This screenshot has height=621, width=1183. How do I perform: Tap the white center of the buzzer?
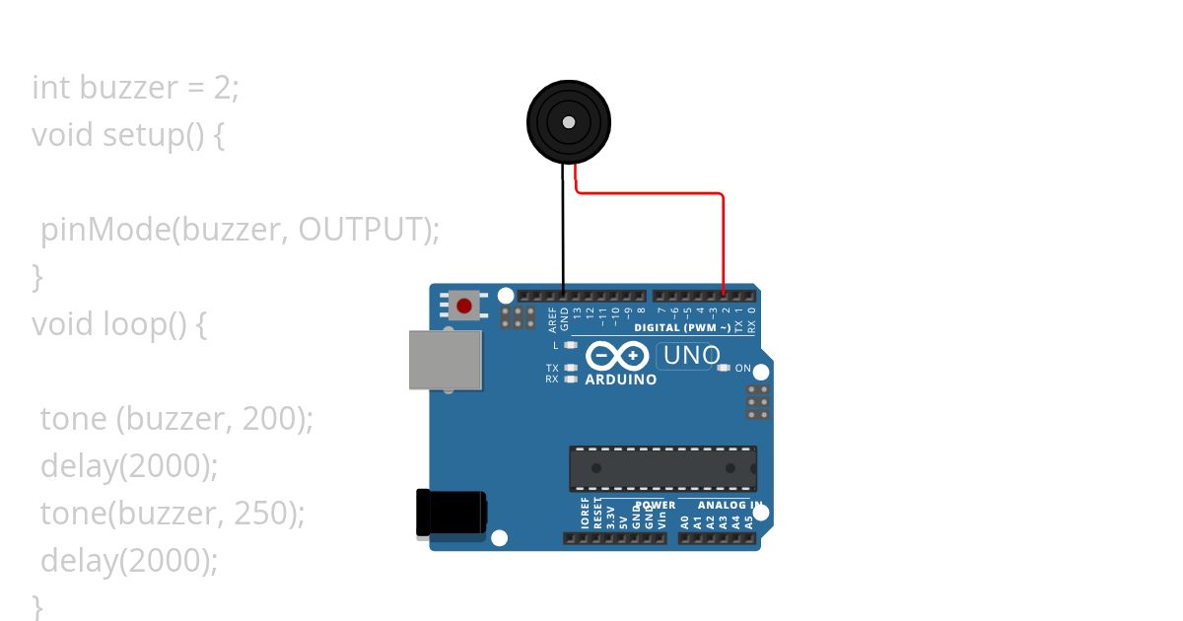[x=569, y=122]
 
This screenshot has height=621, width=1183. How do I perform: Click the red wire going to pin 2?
[x=724, y=237]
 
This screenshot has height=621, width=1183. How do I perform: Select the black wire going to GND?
[x=564, y=237]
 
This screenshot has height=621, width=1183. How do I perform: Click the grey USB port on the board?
[x=446, y=360]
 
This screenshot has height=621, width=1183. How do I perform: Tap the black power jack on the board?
[x=451, y=515]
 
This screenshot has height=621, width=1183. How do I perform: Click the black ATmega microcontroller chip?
[x=662, y=468]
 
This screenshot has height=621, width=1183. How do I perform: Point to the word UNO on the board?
[x=691, y=356]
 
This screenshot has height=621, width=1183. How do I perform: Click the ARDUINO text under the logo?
[x=621, y=379]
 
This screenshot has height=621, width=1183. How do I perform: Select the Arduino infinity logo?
[x=617, y=356]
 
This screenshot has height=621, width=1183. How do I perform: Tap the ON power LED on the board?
[x=725, y=368]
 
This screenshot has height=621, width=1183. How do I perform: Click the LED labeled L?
[x=570, y=345]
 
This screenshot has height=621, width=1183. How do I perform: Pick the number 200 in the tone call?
[x=272, y=419]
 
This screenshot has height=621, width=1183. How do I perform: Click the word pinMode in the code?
[x=104, y=230]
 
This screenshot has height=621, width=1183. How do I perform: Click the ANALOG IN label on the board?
[x=731, y=506]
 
